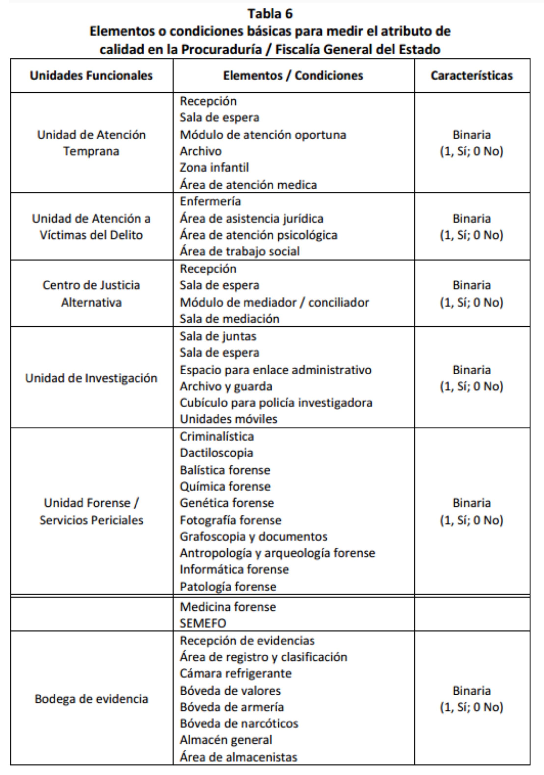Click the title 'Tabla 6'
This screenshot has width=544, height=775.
[270, 14]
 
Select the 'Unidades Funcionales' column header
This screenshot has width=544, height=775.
[91, 76]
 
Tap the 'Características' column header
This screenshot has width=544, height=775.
[471, 76]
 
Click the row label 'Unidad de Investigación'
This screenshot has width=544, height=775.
[91, 378]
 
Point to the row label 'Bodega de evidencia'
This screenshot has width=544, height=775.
[91, 698]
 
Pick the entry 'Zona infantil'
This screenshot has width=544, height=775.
[214, 167]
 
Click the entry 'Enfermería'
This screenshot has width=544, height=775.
[210, 201]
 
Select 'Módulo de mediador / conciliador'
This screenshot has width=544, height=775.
[274, 302]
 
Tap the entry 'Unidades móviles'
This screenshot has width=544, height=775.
[228, 419]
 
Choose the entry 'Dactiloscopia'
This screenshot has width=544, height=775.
[216, 453]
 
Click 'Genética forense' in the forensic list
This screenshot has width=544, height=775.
[227, 503]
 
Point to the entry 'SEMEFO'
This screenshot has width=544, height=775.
[203, 623]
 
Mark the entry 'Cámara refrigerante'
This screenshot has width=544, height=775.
[235, 673]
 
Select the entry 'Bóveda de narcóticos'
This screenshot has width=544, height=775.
[239, 723]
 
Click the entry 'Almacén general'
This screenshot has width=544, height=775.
[226, 740]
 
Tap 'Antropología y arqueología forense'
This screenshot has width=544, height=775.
[277, 553]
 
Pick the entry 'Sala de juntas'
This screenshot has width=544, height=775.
[218, 336]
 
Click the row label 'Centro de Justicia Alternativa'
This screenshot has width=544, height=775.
[91, 294]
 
